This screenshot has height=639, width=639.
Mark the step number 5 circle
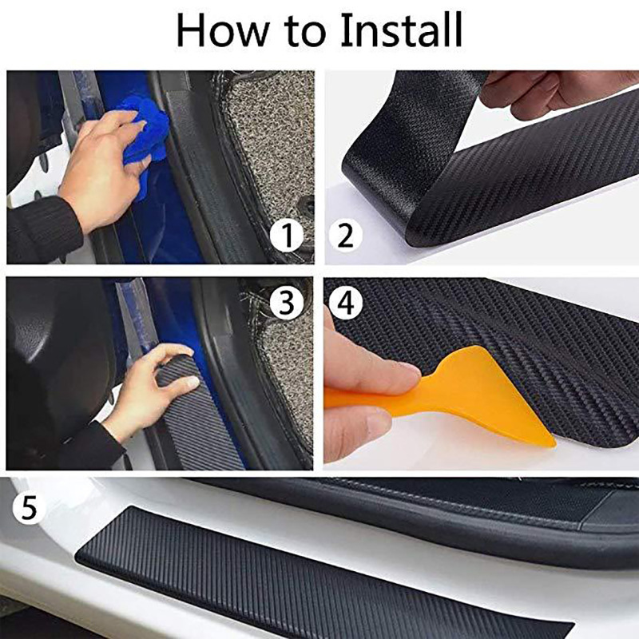click(x=30, y=509)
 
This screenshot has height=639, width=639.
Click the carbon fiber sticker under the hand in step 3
click(x=192, y=431)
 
